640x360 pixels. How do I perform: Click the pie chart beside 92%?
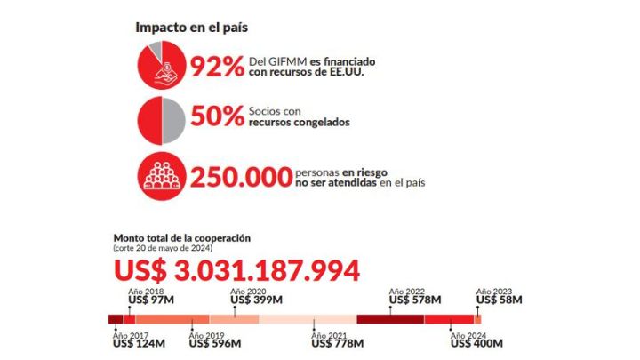[161, 65]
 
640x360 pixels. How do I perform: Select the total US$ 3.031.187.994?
[236, 270]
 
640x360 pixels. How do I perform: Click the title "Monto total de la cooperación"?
[182, 237]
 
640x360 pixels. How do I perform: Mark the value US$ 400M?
[476, 344]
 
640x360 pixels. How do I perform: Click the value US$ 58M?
[500, 300]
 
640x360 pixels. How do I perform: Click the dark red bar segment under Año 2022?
[390, 319]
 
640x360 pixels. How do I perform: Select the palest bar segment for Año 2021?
[308, 319]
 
